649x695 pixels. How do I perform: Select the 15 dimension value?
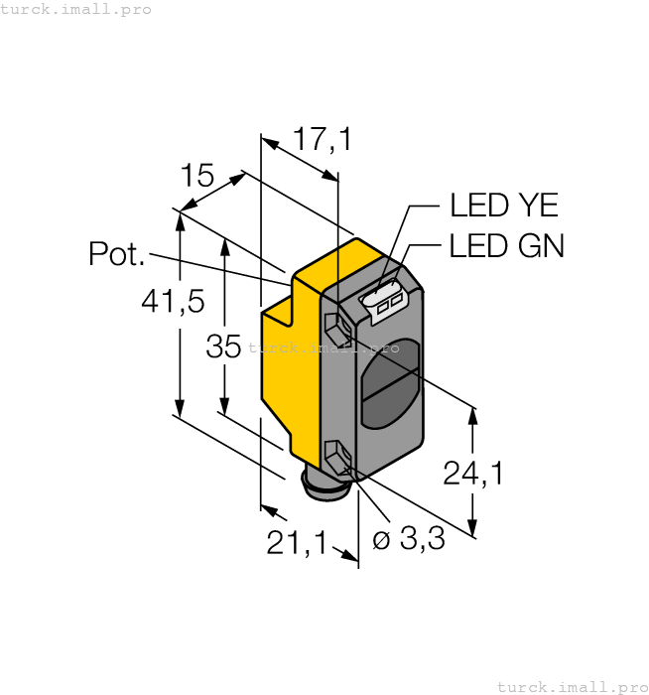pos(197,177)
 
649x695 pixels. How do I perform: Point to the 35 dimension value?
pos(223,347)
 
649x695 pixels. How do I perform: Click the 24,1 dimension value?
pos(472,474)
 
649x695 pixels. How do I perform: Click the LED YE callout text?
pos(504,206)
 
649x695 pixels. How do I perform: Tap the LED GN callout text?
pos(506,245)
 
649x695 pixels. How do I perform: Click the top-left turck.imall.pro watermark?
pos(76,9)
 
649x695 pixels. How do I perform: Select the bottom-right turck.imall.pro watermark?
pos(571,686)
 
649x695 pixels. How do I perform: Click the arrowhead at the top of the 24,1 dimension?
pos(472,415)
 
